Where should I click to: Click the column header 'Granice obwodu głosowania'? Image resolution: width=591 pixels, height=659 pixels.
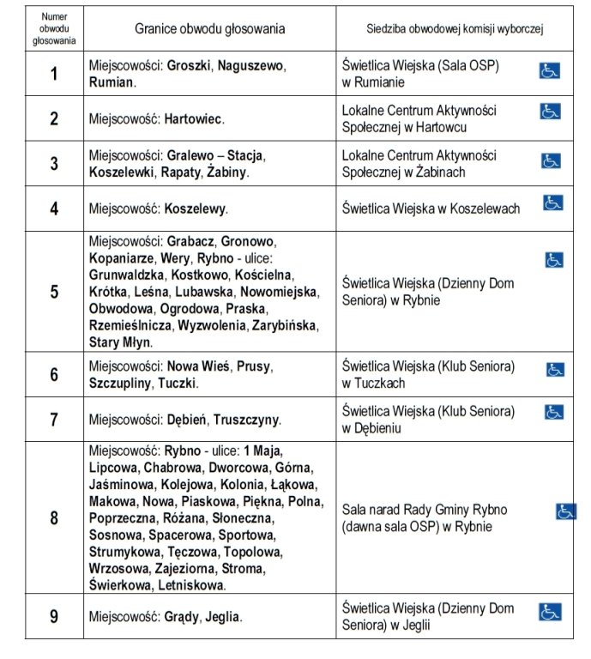click(x=210, y=28)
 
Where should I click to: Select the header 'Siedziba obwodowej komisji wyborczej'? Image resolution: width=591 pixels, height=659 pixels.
click(x=455, y=28)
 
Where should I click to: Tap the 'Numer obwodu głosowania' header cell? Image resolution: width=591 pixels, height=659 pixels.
click(x=54, y=28)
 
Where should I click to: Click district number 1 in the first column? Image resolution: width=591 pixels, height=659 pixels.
click(x=54, y=74)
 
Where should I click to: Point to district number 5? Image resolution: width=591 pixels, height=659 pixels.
click(x=54, y=291)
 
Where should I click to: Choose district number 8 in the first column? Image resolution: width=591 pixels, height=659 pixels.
click(x=54, y=517)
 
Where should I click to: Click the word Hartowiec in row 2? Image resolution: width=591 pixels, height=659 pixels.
click(x=193, y=118)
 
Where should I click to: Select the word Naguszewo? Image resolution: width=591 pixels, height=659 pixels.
click(x=251, y=65)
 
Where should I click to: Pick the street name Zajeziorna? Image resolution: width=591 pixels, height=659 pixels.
click(x=184, y=568)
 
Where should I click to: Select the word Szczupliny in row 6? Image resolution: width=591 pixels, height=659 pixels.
click(x=119, y=384)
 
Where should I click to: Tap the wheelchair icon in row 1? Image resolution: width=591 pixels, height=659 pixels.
click(x=550, y=70)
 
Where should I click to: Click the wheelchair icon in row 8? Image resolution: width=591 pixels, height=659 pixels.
click(x=566, y=511)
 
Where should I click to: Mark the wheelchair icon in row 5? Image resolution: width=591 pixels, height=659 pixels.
click(x=554, y=259)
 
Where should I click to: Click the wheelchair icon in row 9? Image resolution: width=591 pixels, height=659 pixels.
click(x=550, y=612)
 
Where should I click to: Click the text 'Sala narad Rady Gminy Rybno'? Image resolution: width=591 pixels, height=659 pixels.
click(x=424, y=509)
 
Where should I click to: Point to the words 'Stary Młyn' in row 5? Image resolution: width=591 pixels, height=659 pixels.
click(x=120, y=342)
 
